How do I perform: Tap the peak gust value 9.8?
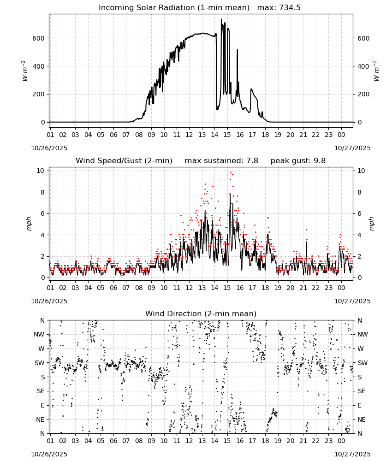(x=320, y=161)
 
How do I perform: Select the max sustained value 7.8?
(x=252, y=161)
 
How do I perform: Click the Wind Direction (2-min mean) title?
(x=201, y=313)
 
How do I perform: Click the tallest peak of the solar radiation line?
(x=221, y=19)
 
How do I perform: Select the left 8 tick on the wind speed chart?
(x=43, y=192)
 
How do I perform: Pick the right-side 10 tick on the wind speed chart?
(x=361, y=171)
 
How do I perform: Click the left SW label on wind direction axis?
(x=40, y=363)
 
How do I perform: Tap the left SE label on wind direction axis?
(x=41, y=391)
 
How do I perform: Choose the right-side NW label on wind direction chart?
(x=362, y=335)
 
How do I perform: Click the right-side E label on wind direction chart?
(x=359, y=405)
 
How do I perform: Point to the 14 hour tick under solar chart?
(x=214, y=135)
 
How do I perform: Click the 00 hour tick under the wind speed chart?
(x=341, y=288)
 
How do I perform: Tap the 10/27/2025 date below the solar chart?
(x=353, y=148)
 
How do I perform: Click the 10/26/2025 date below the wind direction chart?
(x=49, y=454)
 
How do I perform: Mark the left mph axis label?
(x=29, y=224)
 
